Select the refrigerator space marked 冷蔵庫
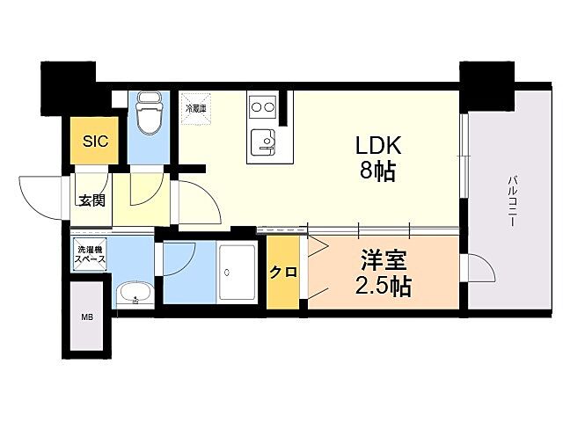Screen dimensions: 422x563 coord(194,109)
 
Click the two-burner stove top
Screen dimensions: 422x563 coord(261,108)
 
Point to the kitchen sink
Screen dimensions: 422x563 coord(261,141)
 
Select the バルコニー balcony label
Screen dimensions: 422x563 coord(511,203)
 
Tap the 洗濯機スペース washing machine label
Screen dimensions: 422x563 coord(90,253)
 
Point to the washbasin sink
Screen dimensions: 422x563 coord(134,292)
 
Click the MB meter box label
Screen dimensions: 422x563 coord(88,316)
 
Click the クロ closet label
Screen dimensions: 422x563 coord(282,272)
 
